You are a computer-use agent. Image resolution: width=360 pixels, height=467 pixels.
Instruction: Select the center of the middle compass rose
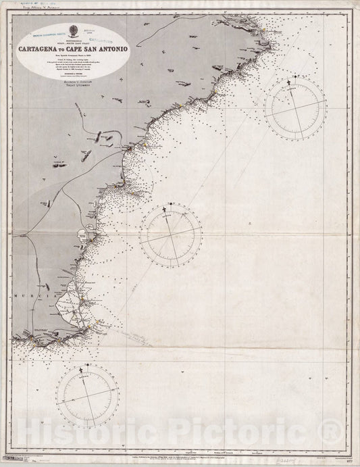171,235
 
